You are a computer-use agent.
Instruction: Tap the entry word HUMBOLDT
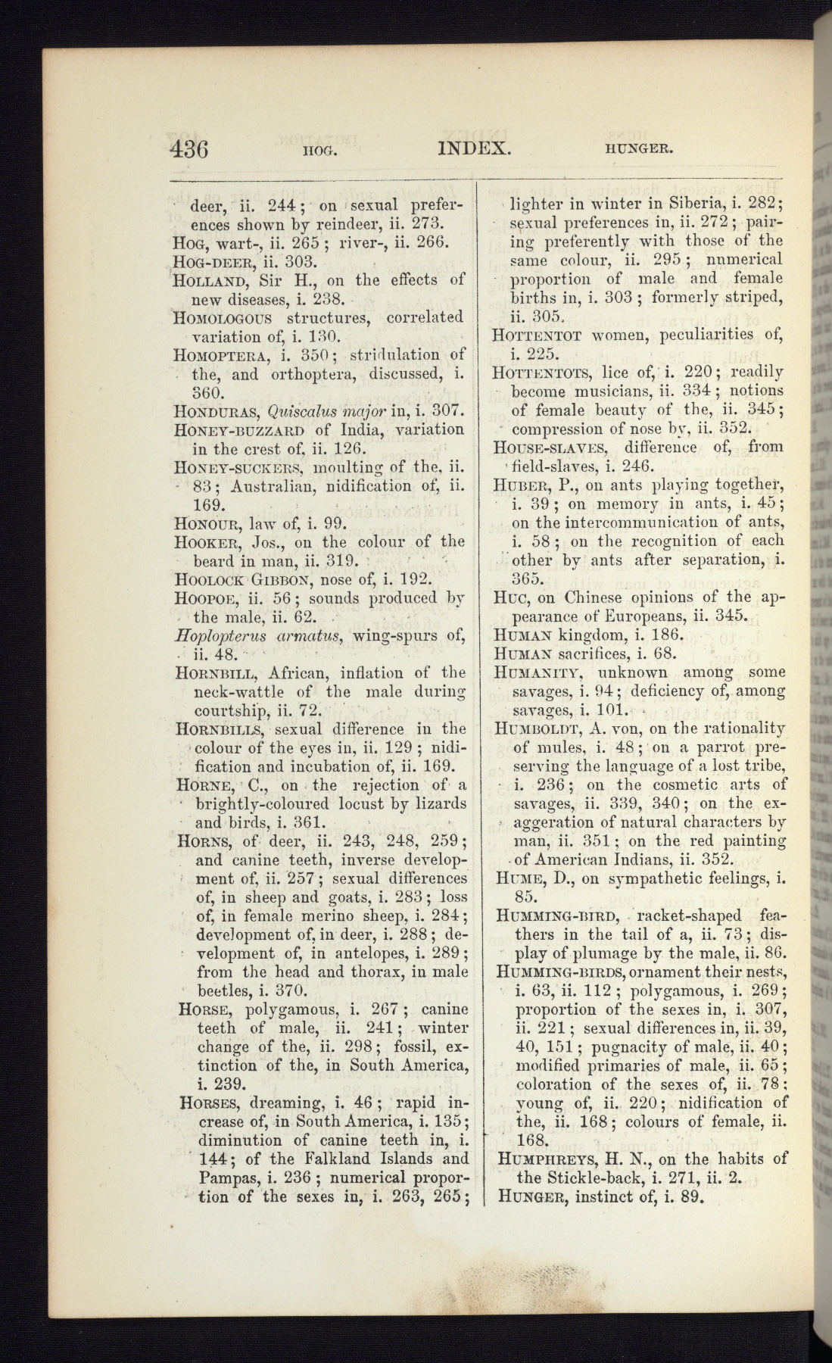(541, 728)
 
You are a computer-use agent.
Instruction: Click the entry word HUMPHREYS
(544, 1159)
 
